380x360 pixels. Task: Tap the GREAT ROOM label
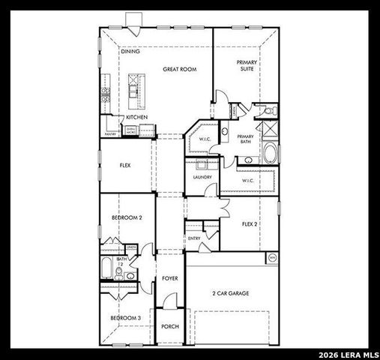pos(179,69)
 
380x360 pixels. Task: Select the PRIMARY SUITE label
pos(246,65)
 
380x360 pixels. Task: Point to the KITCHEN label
pos(136,117)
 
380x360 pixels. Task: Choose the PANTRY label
pos(110,134)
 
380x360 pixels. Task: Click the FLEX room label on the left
pos(125,165)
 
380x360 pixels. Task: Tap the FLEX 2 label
pos(250,224)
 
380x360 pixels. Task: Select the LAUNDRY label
pos(202,177)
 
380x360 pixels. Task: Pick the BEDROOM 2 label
pos(127,217)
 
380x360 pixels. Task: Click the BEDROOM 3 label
pos(125,318)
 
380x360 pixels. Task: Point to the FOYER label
pos(170,278)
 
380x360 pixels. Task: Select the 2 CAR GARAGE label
pos(230,293)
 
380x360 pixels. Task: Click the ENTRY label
pos(195,238)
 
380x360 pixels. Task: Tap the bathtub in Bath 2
pos(107,268)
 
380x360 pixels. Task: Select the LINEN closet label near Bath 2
pos(131,247)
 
